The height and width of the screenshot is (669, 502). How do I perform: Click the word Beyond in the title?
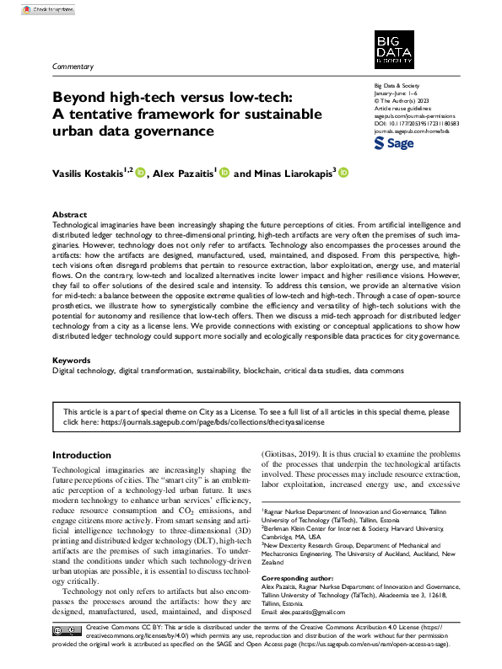point(76,97)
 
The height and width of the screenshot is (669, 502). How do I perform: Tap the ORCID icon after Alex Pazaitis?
point(224,173)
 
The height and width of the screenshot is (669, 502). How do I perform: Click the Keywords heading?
point(72,360)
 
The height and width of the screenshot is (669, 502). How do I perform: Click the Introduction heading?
point(82,456)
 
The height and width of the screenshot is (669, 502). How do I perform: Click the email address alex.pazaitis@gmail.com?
point(305,613)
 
